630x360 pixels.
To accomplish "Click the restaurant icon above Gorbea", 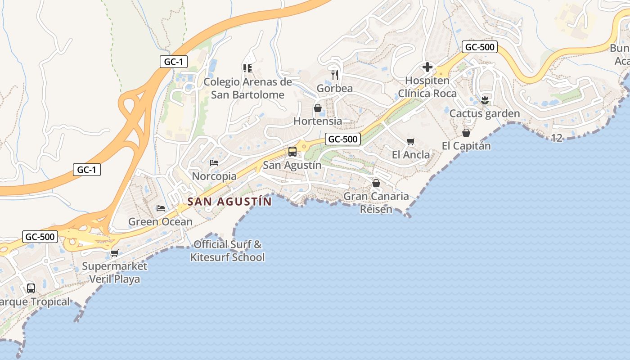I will [334, 75].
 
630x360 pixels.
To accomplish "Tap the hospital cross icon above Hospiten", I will [427, 67].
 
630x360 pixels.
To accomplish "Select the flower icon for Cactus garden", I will [484, 100].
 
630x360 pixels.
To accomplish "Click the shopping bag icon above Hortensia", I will [318, 108].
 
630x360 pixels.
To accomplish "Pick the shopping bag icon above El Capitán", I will [466, 133].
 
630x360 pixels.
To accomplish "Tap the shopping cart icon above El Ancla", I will [410, 142].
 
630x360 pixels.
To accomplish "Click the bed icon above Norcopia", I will [214, 163].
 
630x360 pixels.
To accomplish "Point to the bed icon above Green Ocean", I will [160, 208].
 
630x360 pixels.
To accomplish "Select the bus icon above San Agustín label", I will [292, 152].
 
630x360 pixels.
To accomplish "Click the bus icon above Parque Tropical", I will [31, 288].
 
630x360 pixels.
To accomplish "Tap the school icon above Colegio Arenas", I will [247, 68].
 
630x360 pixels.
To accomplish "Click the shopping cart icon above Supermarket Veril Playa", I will [114, 253].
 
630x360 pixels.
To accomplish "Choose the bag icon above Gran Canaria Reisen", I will [376, 183].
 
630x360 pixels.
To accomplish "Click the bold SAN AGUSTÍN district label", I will [229, 202].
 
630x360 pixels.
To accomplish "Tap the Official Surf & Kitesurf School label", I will [228, 251].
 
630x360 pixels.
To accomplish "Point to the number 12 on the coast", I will [557, 138].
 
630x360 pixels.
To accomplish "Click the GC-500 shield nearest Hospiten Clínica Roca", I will [479, 47].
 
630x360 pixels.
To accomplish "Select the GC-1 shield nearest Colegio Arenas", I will [173, 62].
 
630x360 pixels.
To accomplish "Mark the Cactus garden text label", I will [485, 114].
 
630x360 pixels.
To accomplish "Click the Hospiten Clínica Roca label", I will [427, 87].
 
